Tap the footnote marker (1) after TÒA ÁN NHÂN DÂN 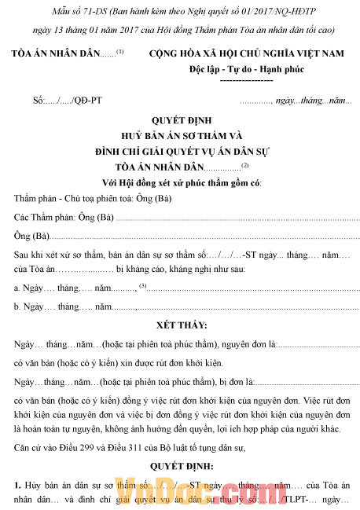coord(120,51)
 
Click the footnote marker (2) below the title coord(244,164)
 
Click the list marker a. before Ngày coord(17,288)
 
